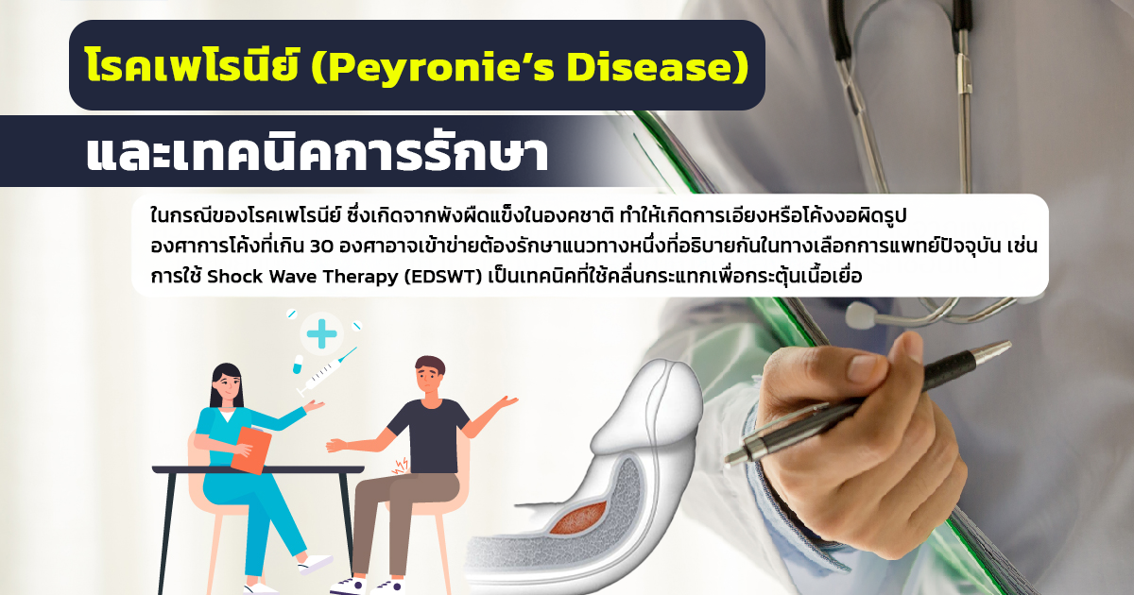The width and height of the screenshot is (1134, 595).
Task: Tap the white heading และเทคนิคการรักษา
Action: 317,153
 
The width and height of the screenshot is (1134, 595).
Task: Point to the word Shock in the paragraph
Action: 235,277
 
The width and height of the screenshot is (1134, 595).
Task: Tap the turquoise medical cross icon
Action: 321,334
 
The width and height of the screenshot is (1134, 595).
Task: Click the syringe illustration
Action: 327,372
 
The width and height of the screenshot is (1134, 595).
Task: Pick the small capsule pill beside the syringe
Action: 298,364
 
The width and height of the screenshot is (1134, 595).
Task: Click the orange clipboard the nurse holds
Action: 251,450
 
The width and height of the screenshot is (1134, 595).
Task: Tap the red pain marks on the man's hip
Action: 401,466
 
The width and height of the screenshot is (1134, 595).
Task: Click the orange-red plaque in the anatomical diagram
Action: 578,518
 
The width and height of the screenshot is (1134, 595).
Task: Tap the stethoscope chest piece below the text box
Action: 861,314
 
